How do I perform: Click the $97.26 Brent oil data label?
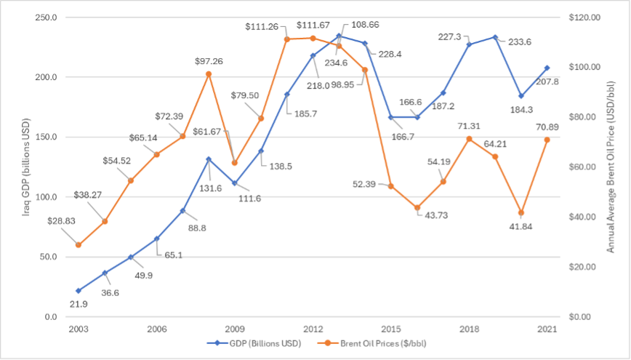209,60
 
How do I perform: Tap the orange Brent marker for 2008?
209,73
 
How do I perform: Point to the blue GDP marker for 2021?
547,68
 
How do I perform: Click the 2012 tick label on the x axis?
313,329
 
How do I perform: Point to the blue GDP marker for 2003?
79,291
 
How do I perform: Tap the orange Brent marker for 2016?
417,207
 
